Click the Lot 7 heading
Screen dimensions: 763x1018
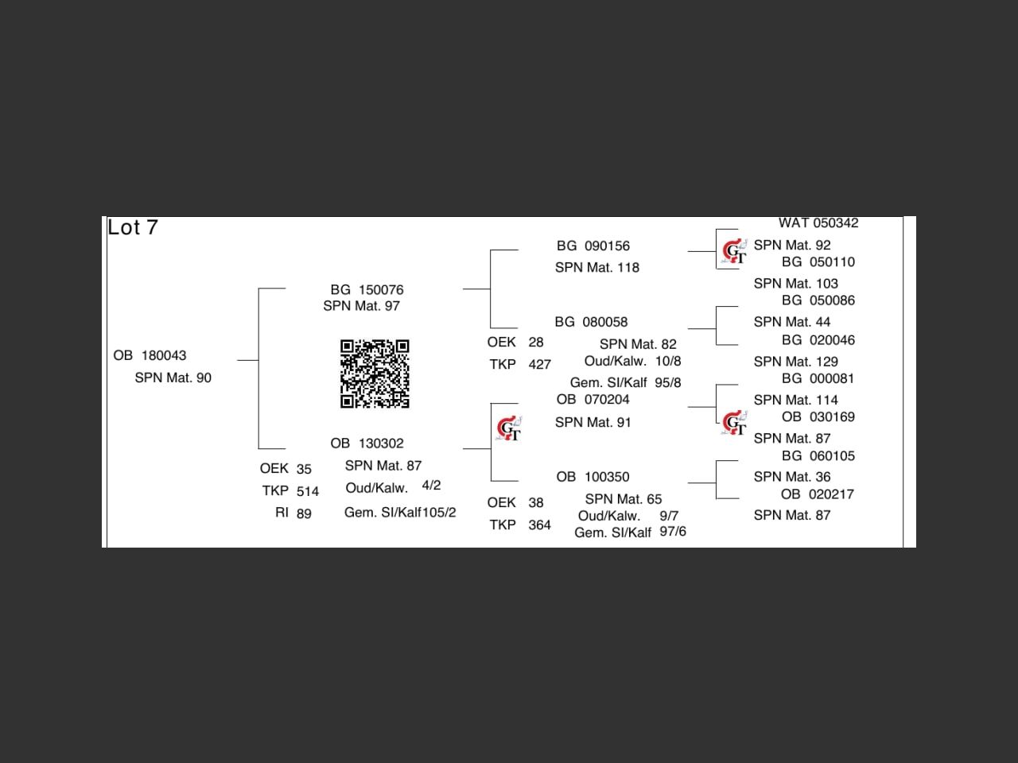tap(133, 227)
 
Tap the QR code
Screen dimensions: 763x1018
tap(375, 374)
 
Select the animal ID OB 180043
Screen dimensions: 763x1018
tap(150, 355)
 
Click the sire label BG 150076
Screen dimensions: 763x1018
tap(367, 289)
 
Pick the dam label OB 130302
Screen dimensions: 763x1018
tap(367, 443)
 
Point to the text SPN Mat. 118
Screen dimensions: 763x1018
tap(596, 268)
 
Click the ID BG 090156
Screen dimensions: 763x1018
tap(593, 246)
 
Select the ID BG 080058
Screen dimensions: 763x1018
tap(591, 322)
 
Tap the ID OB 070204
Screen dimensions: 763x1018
tap(593, 400)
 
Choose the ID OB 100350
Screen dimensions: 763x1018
tap(593, 477)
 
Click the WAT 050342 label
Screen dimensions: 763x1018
tap(818, 223)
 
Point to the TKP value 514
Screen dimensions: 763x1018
tap(307, 491)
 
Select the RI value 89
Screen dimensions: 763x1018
tap(304, 513)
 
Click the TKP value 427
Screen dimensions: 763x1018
tap(539, 365)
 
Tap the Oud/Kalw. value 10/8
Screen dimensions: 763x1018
tap(668, 361)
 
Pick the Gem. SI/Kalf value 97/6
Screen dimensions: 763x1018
tap(673, 532)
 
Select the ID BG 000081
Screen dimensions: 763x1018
tap(818, 379)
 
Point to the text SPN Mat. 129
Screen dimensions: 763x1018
tap(795, 362)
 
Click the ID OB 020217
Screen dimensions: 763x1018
tap(817, 494)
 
